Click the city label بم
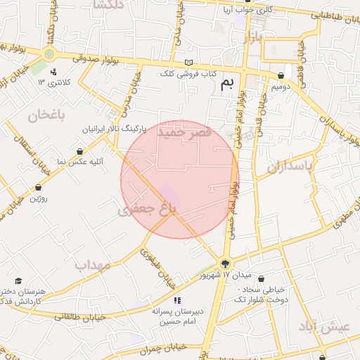click(226, 85)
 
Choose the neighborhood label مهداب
click(94, 265)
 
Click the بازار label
click(252, 37)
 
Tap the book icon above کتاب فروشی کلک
click(188, 63)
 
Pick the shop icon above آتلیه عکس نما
click(79, 151)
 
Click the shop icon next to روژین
click(38, 188)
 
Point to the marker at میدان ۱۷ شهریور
click(225, 264)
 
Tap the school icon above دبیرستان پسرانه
click(176, 300)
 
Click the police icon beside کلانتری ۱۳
click(54, 71)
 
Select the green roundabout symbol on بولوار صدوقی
click(49, 54)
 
